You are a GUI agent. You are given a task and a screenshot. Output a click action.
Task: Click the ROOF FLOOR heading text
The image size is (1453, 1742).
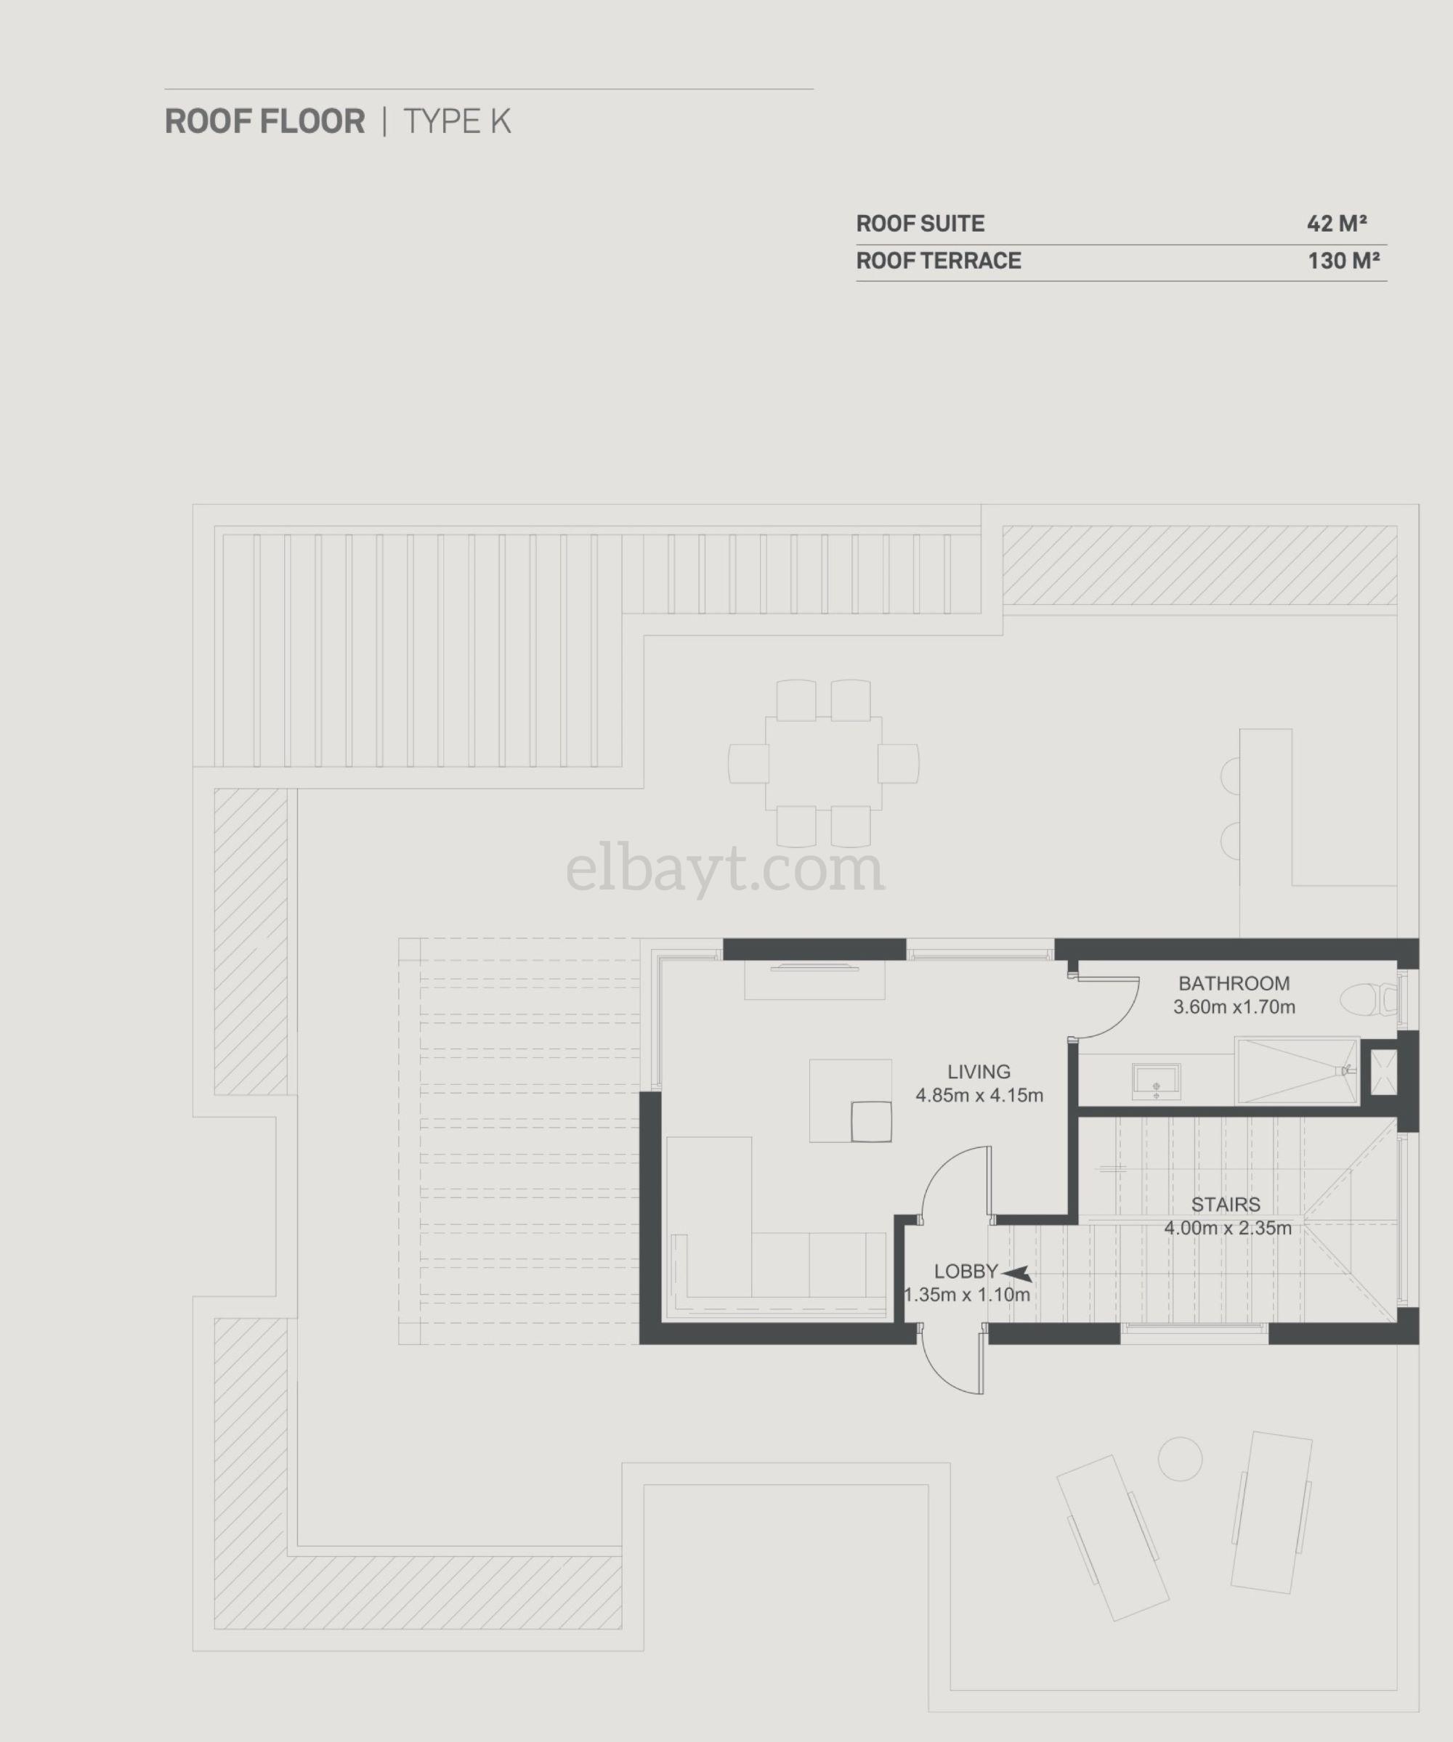click(x=264, y=121)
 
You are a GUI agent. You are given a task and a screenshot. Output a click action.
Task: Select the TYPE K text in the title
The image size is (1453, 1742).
click(x=456, y=121)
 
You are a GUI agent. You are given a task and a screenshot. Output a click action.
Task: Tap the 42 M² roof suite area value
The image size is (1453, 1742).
click(x=1337, y=223)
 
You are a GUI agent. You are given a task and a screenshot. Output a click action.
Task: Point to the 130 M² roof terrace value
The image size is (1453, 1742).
click(x=1343, y=261)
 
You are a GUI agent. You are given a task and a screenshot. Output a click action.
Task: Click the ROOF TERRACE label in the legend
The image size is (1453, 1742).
click(x=938, y=261)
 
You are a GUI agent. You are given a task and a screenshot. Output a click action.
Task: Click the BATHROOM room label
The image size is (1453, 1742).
click(x=1234, y=984)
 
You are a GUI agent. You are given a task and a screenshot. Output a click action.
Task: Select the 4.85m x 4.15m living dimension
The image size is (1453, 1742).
click(x=979, y=1096)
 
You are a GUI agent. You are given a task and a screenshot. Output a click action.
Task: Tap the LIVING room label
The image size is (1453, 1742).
click(x=979, y=1072)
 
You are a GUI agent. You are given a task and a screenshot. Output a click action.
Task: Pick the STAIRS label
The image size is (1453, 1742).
click(x=1226, y=1205)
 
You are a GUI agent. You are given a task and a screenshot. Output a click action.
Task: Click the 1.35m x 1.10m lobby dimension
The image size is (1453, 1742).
click(x=967, y=1295)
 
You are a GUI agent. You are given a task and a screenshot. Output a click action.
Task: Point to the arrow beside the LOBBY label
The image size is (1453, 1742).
click(x=1016, y=1274)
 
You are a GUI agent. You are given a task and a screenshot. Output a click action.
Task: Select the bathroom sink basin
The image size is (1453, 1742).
click(x=1156, y=1082)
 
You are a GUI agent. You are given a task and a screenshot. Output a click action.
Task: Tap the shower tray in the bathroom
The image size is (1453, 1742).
click(x=1296, y=1071)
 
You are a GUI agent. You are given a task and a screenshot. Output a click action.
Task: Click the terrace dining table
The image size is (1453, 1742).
click(x=823, y=763)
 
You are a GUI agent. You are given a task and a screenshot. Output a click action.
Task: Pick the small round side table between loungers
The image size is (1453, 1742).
click(x=1179, y=1457)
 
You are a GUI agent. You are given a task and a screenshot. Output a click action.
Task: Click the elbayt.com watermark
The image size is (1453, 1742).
click(x=725, y=870)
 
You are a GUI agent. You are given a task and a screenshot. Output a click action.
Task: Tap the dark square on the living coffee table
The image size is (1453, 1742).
click(x=870, y=1120)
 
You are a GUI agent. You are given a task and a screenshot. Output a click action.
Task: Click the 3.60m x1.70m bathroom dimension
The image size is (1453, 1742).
click(x=1234, y=1008)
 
